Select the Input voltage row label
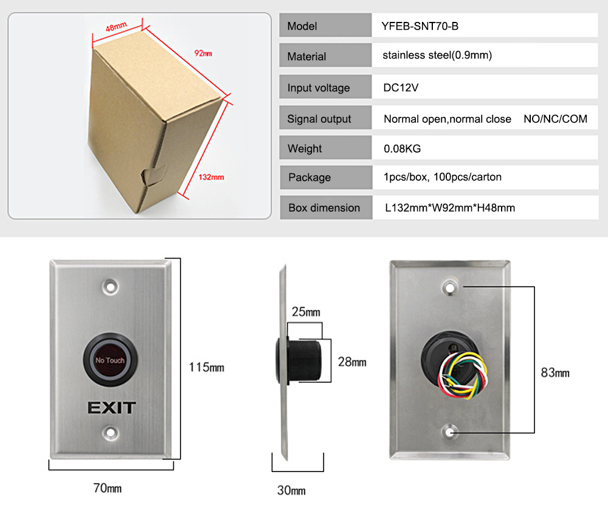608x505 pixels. pyautogui.click(x=319, y=88)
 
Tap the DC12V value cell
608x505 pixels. pyautogui.click(x=401, y=88)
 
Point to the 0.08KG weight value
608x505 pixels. pyautogui.click(x=402, y=148)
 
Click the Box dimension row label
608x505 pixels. pyautogui.click(x=324, y=207)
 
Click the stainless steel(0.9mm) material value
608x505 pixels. pyautogui.click(x=437, y=55)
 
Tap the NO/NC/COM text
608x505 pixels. pyautogui.click(x=555, y=119)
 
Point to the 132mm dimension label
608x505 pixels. pyautogui.click(x=212, y=177)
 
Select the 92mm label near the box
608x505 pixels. pyautogui.click(x=203, y=54)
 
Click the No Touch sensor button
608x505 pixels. pyautogui.click(x=109, y=361)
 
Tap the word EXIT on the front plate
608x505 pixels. pyautogui.click(x=111, y=407)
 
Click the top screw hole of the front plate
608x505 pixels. pyautogui.click(x=110, y=285)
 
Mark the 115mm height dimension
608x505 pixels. pyautogui.click(x=206, y=367)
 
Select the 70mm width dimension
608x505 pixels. pyautogui.click(x=108, y=487)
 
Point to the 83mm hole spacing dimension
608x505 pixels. pyautogui.click(x=554, y=372)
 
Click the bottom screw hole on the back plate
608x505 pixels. pyautogui.click(x=450, y=431)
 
